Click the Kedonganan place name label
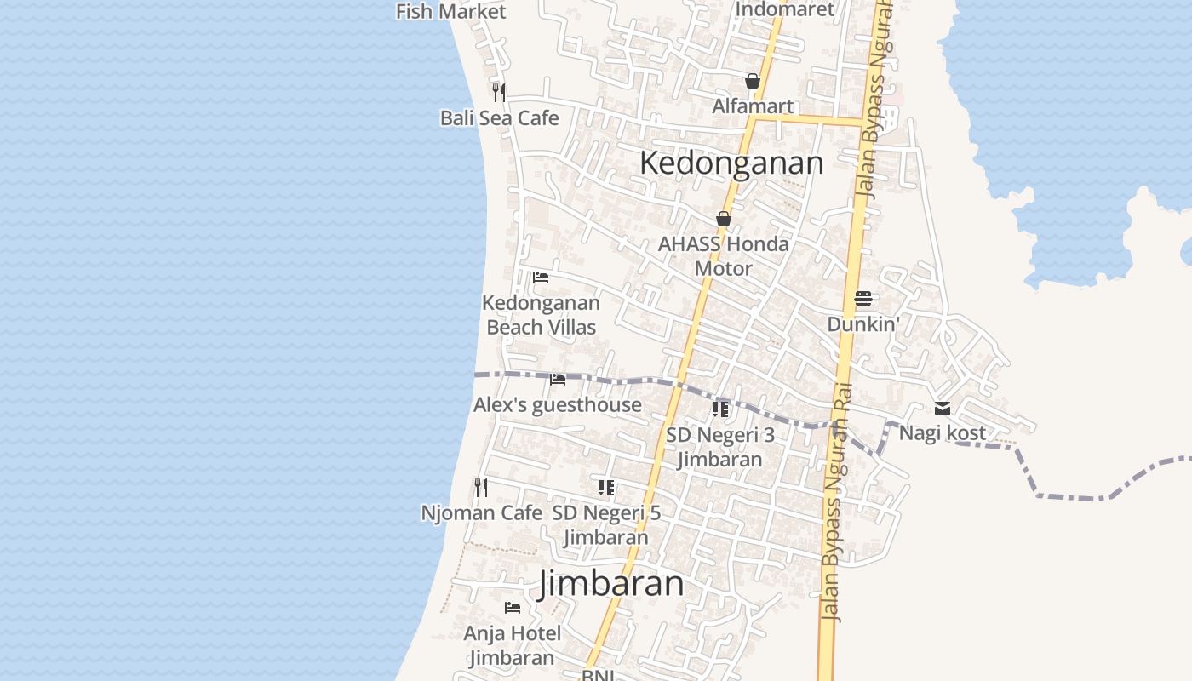(x=731, y=163)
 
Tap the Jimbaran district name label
(x=611, y=584)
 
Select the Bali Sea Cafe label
(x=499, y=117)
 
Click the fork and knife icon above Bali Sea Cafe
(x=499, y=91)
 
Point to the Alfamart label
(x=753, y=106)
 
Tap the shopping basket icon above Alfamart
(x=753, y=81)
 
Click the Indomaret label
(x=784, y=9)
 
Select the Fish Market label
(x=450, y=11)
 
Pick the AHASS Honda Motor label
(x=724, y=256)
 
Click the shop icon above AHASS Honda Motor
(x=724, y=219)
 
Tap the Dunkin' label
(x=863, y=324)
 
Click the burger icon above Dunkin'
(x=863, y=298)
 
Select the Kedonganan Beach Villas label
(x=541, y=315)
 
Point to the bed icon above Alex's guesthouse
(x=558, y=379)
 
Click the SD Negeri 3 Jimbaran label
(x=720, y=447)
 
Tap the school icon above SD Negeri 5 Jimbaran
(x=606, y=488)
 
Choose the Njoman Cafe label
(x=481, y=512)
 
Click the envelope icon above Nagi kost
(x=943, y=409)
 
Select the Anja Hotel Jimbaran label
(x=512, y=645)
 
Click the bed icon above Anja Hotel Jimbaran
(x=513, y=607)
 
